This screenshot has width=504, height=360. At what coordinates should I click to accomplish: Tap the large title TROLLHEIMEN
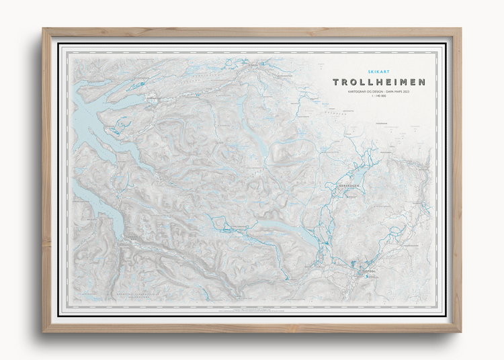coord(379,83)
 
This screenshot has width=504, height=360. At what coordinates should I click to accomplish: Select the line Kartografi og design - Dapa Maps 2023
coord(379,93)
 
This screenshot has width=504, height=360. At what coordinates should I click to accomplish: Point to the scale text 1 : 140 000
coord(379,97)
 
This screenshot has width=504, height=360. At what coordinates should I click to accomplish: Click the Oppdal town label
coord(368,272)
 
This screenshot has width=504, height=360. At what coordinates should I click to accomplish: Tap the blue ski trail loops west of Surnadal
coord(121,125)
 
